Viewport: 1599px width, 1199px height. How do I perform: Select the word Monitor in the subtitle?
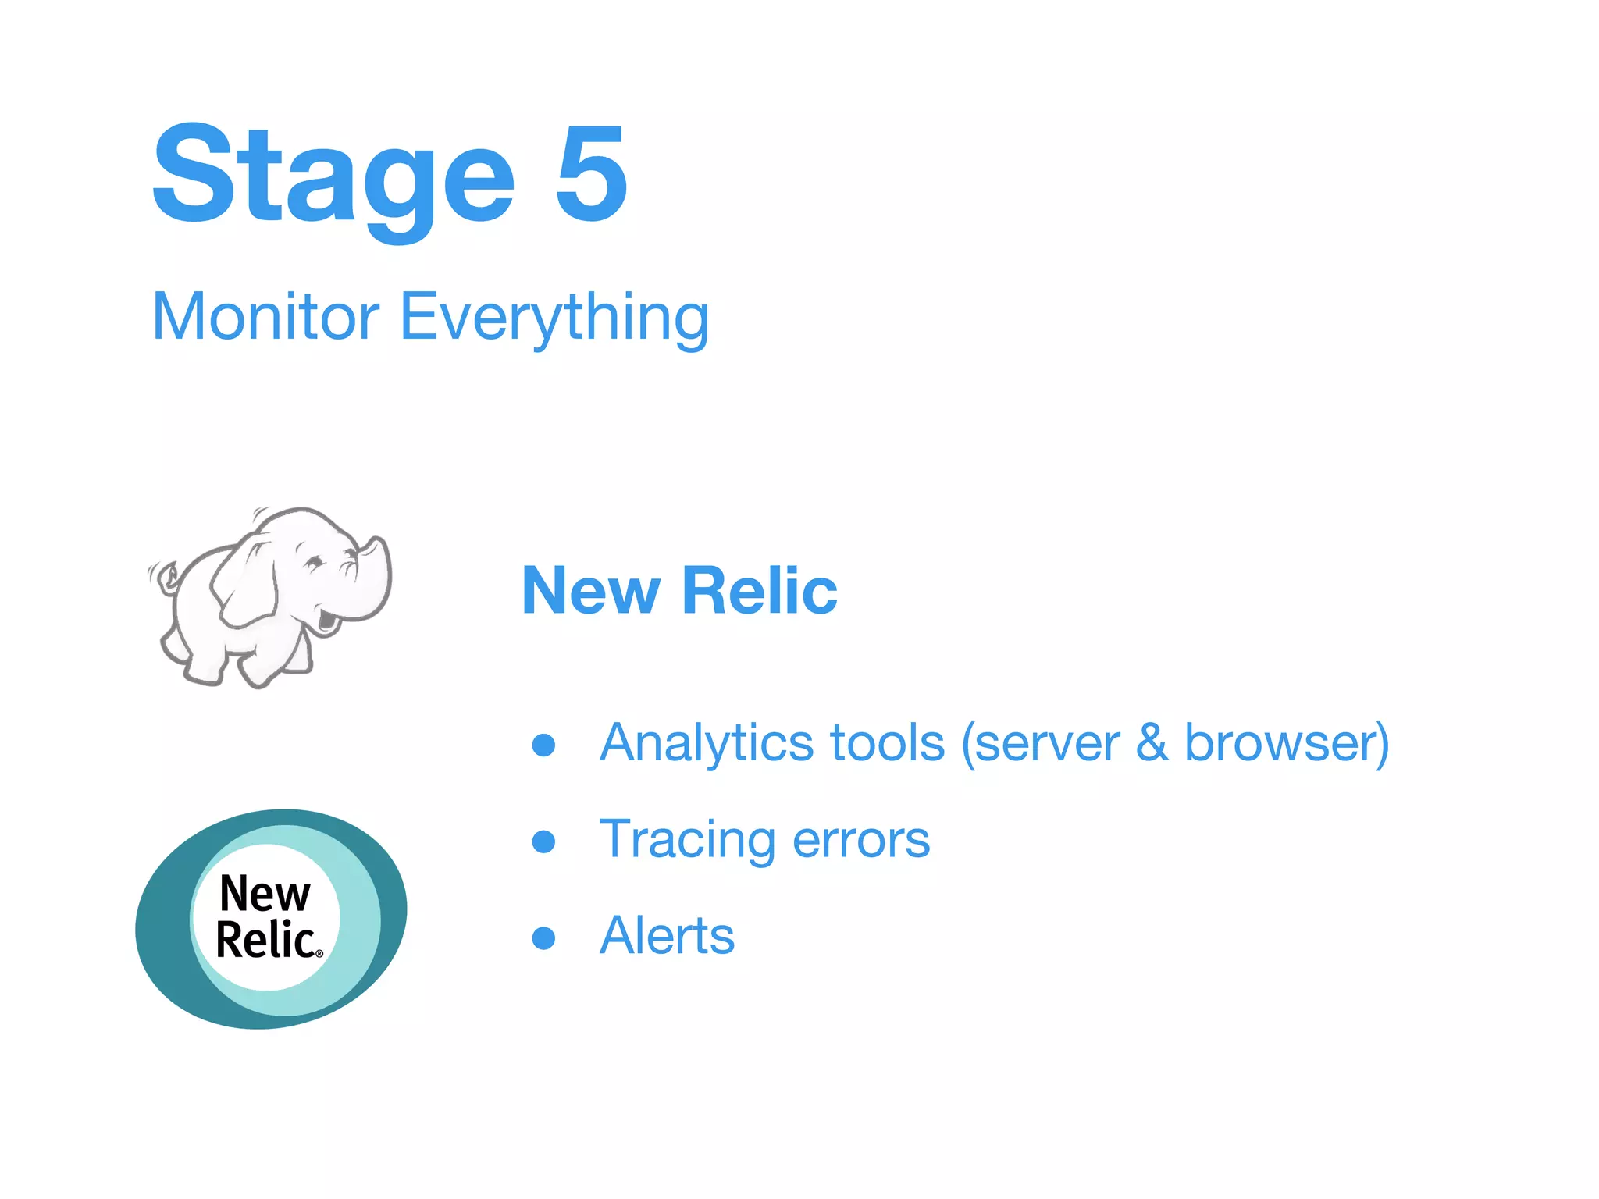[x=265, y=317]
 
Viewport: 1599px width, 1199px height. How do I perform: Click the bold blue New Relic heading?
[x=679, y=591]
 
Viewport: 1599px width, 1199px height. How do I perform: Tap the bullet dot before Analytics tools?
[x=543, y=745]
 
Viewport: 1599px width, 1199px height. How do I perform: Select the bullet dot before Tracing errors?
[x=543, y=841]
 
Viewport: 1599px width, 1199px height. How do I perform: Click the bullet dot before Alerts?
[x=543, y=937]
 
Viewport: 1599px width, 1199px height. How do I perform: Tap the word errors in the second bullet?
[x=861, y=841]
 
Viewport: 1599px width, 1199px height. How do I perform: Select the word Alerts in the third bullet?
[x=667, y=936]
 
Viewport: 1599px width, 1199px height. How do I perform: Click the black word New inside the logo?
[x=265, y=894]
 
